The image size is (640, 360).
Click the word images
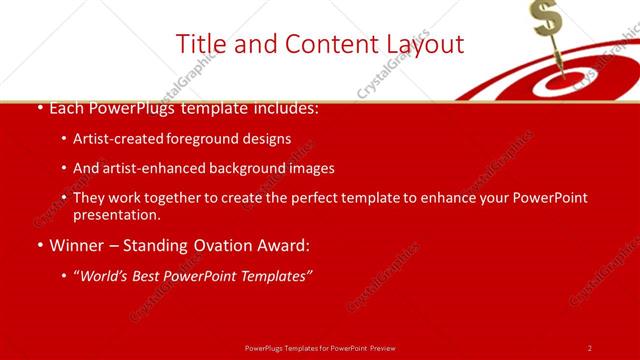pyautogui.click(x=311, y=168)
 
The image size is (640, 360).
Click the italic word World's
pyautogui.click(x=105, y=275)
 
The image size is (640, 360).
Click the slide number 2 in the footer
pyautogui.click(x=590, y=348)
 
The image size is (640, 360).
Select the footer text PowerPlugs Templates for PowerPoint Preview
pyautogui.click(x=319, y=348)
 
